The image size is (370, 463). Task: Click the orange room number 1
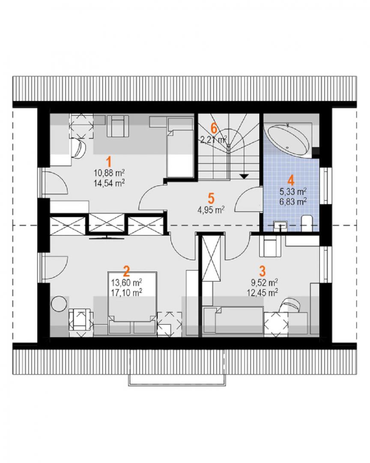(x=109, y=162)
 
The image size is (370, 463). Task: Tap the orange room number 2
(x=127, y=271)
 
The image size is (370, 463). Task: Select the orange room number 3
(x=263, y=271)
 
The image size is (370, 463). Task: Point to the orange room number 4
(x=291, y=180)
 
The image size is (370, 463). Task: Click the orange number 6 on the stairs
(x=214, y=128)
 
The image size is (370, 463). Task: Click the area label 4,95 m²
(x=211, y=210)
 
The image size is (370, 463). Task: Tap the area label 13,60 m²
(x=127, y=283)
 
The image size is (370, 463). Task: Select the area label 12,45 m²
(x=263, y=293)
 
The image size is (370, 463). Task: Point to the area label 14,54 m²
(x=109, y=183)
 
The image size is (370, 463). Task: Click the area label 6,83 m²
(x=292, y=201)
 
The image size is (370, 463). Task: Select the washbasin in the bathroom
(x=279, y=225)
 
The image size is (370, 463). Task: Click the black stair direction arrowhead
(x=244, y=176)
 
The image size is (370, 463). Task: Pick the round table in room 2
(x=59, y=304)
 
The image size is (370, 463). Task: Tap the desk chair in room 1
(x=78, y=148)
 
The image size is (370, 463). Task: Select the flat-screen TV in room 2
(x=107, y=237)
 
